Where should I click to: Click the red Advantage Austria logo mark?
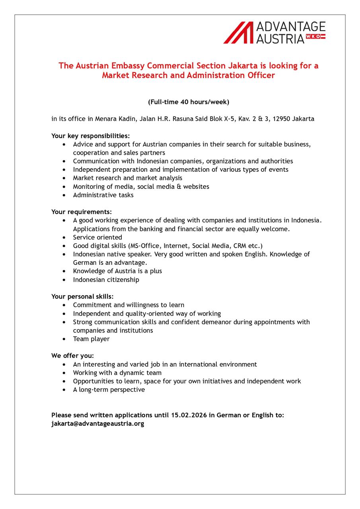coord(238,33)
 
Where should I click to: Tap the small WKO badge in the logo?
coord(315,37)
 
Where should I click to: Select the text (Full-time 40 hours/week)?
coord(189,102)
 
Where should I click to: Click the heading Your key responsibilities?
coord(90,136)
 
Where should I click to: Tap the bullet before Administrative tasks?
coord(64,195)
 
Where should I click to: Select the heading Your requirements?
coord(82,212)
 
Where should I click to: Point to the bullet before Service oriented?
coord(64,237)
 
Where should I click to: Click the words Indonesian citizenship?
coord(106,280)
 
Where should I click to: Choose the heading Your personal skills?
coord(82,296)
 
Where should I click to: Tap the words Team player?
coord(91,339)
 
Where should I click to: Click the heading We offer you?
coord(72,356)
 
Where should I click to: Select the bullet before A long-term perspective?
coord(64,390)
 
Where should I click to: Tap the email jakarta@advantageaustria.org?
coord(97,424)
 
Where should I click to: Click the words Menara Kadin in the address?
coord(113,119)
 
